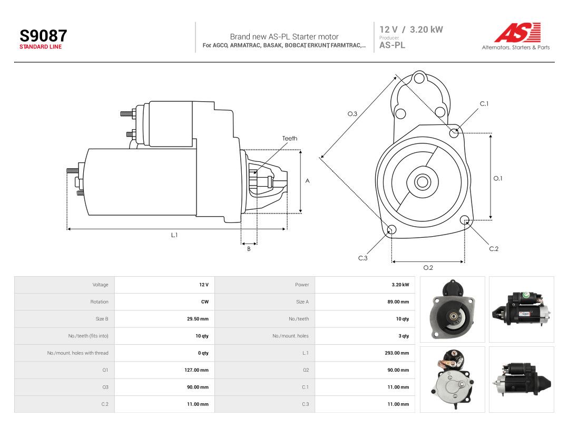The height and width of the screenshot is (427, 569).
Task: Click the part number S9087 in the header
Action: point(43,36)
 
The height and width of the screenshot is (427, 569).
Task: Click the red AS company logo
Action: point(517,32)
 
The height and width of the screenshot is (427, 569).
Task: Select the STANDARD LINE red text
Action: point(41,47)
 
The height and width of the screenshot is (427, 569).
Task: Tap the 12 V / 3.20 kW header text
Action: point(411,30)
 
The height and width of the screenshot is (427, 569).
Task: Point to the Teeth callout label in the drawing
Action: point(290,138)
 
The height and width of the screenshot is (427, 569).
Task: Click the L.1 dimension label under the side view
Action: point(174,235)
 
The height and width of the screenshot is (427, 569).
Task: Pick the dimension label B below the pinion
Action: point(249,249)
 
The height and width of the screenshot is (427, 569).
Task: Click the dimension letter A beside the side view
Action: point(307,181)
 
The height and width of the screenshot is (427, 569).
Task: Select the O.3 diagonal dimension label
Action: point(352,114)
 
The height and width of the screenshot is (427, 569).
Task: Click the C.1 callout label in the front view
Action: point(484,104)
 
